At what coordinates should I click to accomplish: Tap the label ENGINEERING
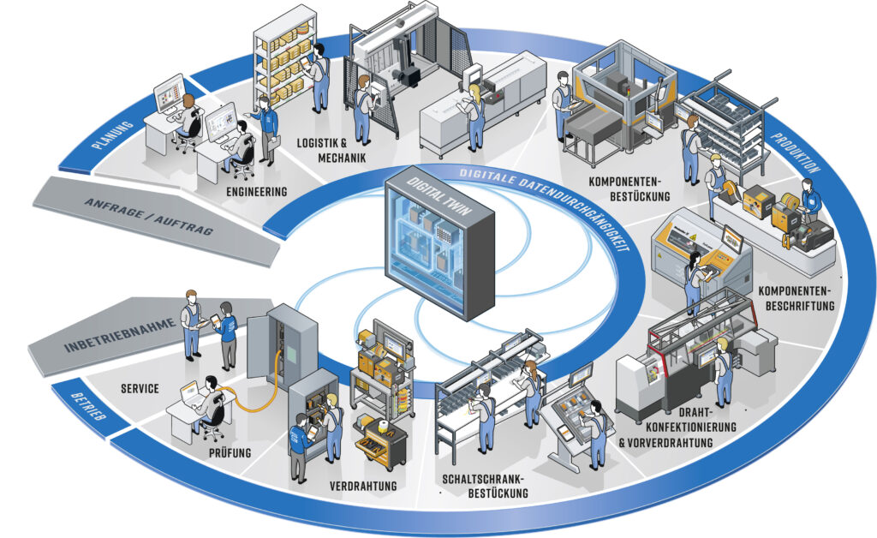257,191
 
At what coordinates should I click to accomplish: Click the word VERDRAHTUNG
363,486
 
